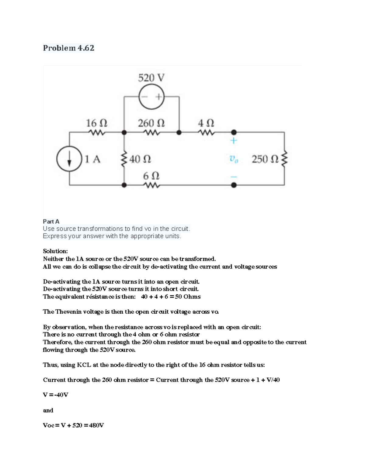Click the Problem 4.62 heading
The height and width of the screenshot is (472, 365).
68,48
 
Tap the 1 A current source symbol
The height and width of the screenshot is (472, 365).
70,159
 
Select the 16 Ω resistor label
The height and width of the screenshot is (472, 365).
96,123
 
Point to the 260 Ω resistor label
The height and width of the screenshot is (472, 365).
151,123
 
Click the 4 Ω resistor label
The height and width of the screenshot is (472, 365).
206,123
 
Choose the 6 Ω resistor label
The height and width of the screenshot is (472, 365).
151,176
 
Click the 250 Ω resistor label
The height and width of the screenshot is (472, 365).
265,159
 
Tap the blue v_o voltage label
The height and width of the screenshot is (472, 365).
234,159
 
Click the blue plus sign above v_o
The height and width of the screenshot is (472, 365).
234,141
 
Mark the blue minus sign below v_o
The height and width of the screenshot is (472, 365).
234,177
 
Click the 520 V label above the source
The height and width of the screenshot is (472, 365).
151,78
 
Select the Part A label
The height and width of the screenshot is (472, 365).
51,222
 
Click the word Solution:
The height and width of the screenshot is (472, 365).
55,251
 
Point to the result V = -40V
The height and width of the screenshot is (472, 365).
56,395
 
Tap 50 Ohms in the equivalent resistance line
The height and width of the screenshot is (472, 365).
188,297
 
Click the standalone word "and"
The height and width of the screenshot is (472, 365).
48,410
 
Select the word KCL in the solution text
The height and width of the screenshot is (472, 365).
84,365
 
